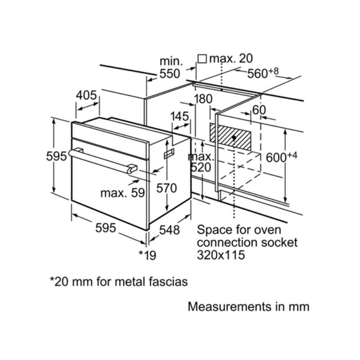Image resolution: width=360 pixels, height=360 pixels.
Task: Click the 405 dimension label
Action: (86, 95)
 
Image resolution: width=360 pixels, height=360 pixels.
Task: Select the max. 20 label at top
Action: (231, 58)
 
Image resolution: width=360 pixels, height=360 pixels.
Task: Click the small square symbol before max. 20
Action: (202, 58)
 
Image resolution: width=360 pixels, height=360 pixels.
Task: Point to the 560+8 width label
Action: (264, 73)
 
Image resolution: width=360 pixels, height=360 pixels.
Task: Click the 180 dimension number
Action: (203, 99)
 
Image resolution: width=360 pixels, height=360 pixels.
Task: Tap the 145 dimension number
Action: (180, 116)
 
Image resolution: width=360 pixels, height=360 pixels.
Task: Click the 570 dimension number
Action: (166, 188)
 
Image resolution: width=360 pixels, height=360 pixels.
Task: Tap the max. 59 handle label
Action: (122, 193)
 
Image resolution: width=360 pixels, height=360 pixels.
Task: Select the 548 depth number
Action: (169, 230)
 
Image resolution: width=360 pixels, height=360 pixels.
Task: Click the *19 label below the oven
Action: (147, 255)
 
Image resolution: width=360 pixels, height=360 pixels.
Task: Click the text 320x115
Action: (221, 255)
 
